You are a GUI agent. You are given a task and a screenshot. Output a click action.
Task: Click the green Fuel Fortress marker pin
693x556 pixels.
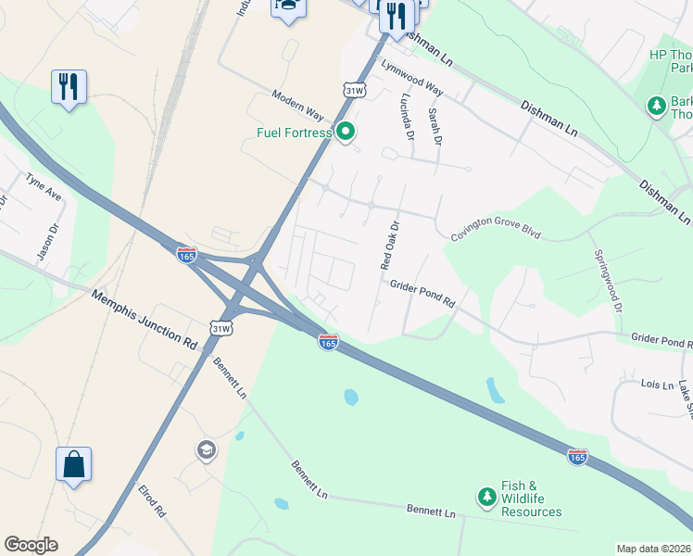tap(346, 133)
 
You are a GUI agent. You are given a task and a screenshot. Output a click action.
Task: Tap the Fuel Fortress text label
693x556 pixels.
tap(294, 133)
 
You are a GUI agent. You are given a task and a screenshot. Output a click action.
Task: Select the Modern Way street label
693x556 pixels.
tap(297, 107)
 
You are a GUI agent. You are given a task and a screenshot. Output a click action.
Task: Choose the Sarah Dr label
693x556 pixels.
tap(435, 126)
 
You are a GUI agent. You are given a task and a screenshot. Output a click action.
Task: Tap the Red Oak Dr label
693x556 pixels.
tap(390, 246)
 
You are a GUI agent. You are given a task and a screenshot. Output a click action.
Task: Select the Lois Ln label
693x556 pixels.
tap(656, 384)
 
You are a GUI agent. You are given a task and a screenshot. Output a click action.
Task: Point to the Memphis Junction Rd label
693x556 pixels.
tap(145, 319)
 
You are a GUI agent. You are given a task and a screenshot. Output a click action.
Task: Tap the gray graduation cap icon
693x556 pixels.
tap(206, 450)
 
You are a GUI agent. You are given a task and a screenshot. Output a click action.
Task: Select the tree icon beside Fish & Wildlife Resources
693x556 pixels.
tap(486, 498)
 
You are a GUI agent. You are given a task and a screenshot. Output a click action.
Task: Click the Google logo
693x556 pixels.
tap(31, 545)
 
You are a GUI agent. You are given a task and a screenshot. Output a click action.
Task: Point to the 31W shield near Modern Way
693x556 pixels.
tap(354, 90)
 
